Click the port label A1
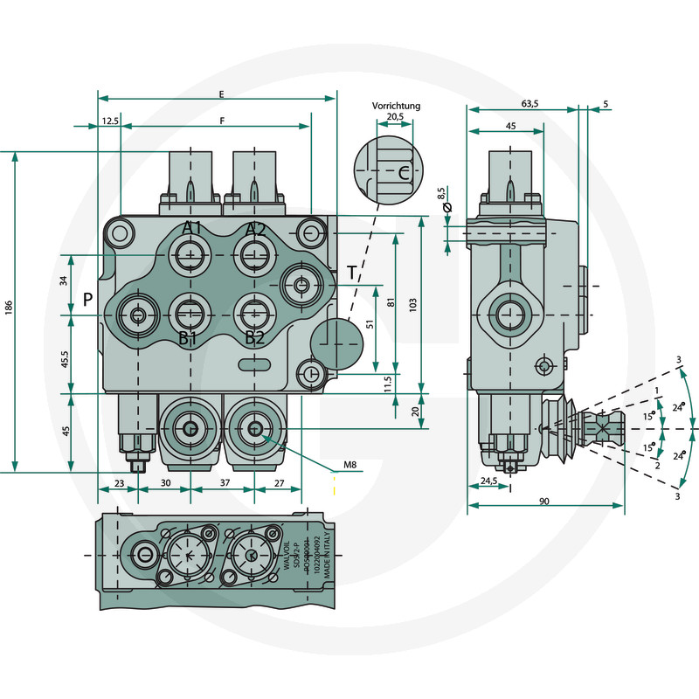(192, 229)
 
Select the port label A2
(255, 229)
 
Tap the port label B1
(188, 338)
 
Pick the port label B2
(254, 338)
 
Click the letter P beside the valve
(88, 300)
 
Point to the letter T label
(351, 273)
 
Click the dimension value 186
(8, 308)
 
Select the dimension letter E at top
(222, 93)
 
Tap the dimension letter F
(223, 121)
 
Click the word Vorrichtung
(396, 106)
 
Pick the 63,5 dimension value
(529, 104)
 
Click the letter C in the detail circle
(403, 173)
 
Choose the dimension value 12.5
(109, 121)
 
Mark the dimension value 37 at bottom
(224, 481)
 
